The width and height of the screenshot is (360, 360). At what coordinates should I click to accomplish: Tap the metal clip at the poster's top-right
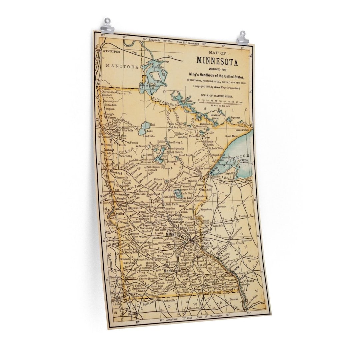(x=242, y=37)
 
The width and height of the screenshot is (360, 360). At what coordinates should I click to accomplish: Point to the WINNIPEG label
(x=111, y=52)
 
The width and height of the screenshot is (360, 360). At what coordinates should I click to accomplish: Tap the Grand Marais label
(x=233, y=136)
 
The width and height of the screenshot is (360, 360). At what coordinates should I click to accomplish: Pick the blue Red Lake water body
(x=146, y=128)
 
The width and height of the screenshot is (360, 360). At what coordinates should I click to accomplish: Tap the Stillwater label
(x=207, y=229)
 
